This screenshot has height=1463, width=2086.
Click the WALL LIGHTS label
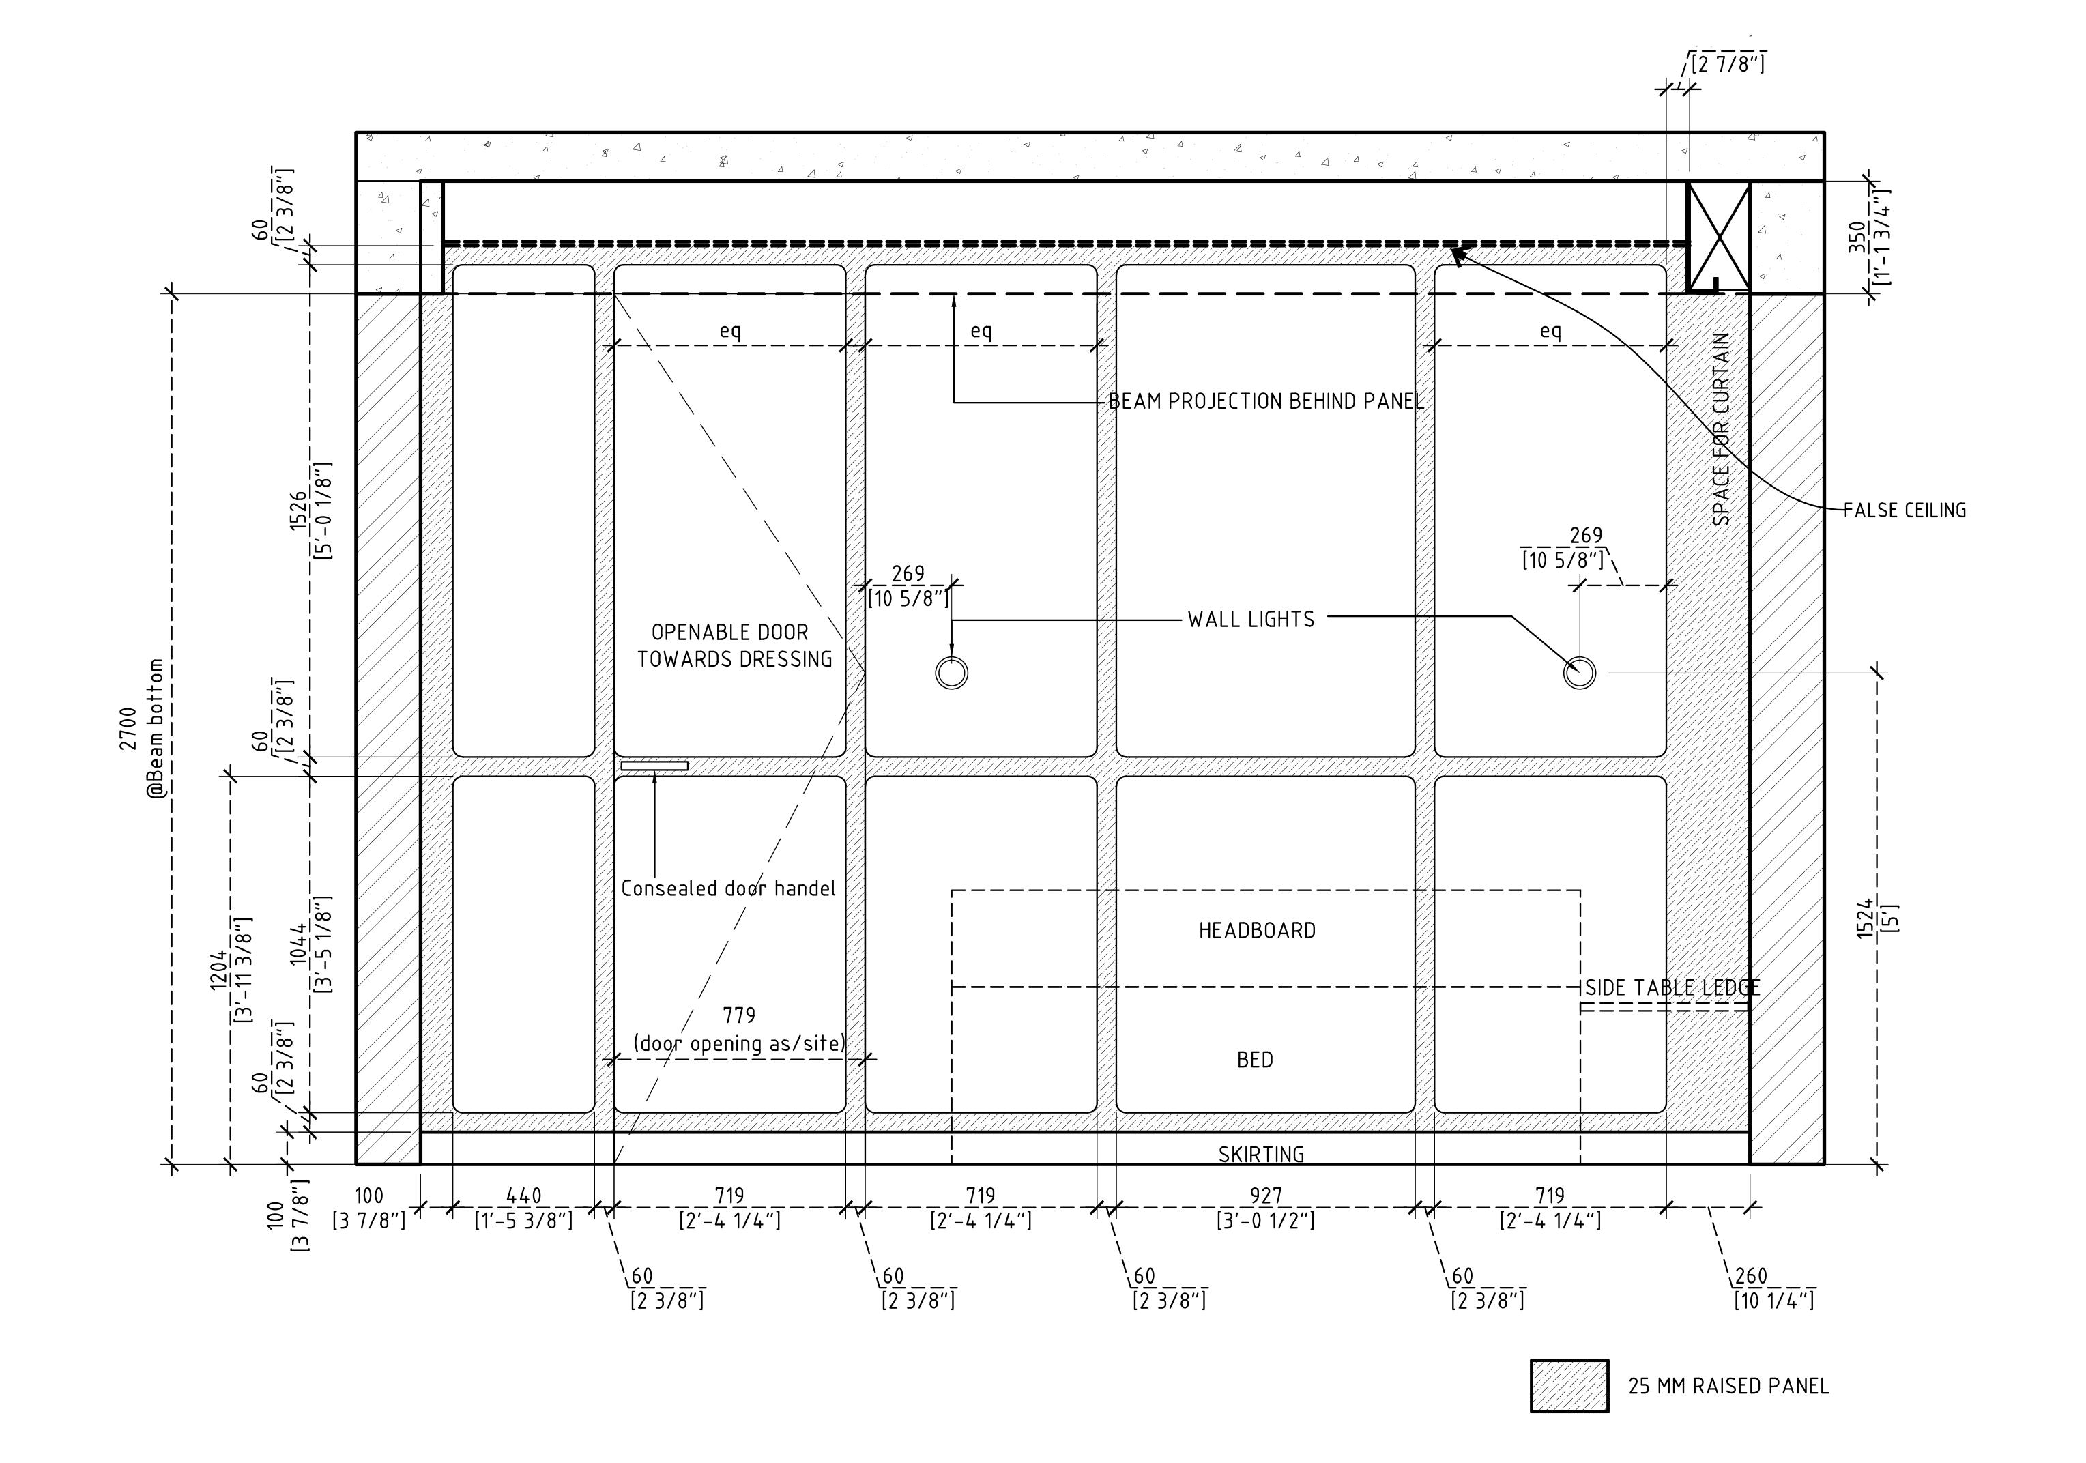1251,620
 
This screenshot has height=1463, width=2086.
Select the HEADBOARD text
1256,931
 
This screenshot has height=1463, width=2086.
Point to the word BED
1255,1060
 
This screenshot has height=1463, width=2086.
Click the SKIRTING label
1261,1154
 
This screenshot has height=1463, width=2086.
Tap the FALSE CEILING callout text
1904,510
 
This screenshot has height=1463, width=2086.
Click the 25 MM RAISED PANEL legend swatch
1569,1386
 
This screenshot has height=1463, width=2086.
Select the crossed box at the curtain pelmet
1718,236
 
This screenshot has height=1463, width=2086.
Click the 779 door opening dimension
738,1015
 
